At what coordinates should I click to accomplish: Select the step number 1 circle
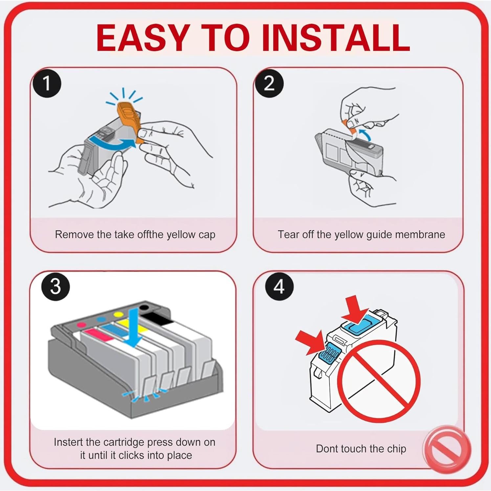pyautogui.click(x=47, y=83)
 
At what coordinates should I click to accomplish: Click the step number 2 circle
pyautogui.click(x=269, y=83)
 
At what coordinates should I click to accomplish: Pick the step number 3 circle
pyautogui.click(x=56, y=286)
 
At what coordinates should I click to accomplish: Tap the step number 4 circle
pyautogui.click(x=279, y=286)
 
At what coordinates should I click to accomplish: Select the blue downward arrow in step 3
pyautogui.click(x=133, y=327)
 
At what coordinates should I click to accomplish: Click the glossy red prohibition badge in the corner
pyautogui.click(x=447, y=449)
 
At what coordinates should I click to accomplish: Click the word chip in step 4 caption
pyautogui.click(x=396, y=449)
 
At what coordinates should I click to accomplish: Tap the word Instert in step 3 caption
pyautogui.click(x=68, y=442)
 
